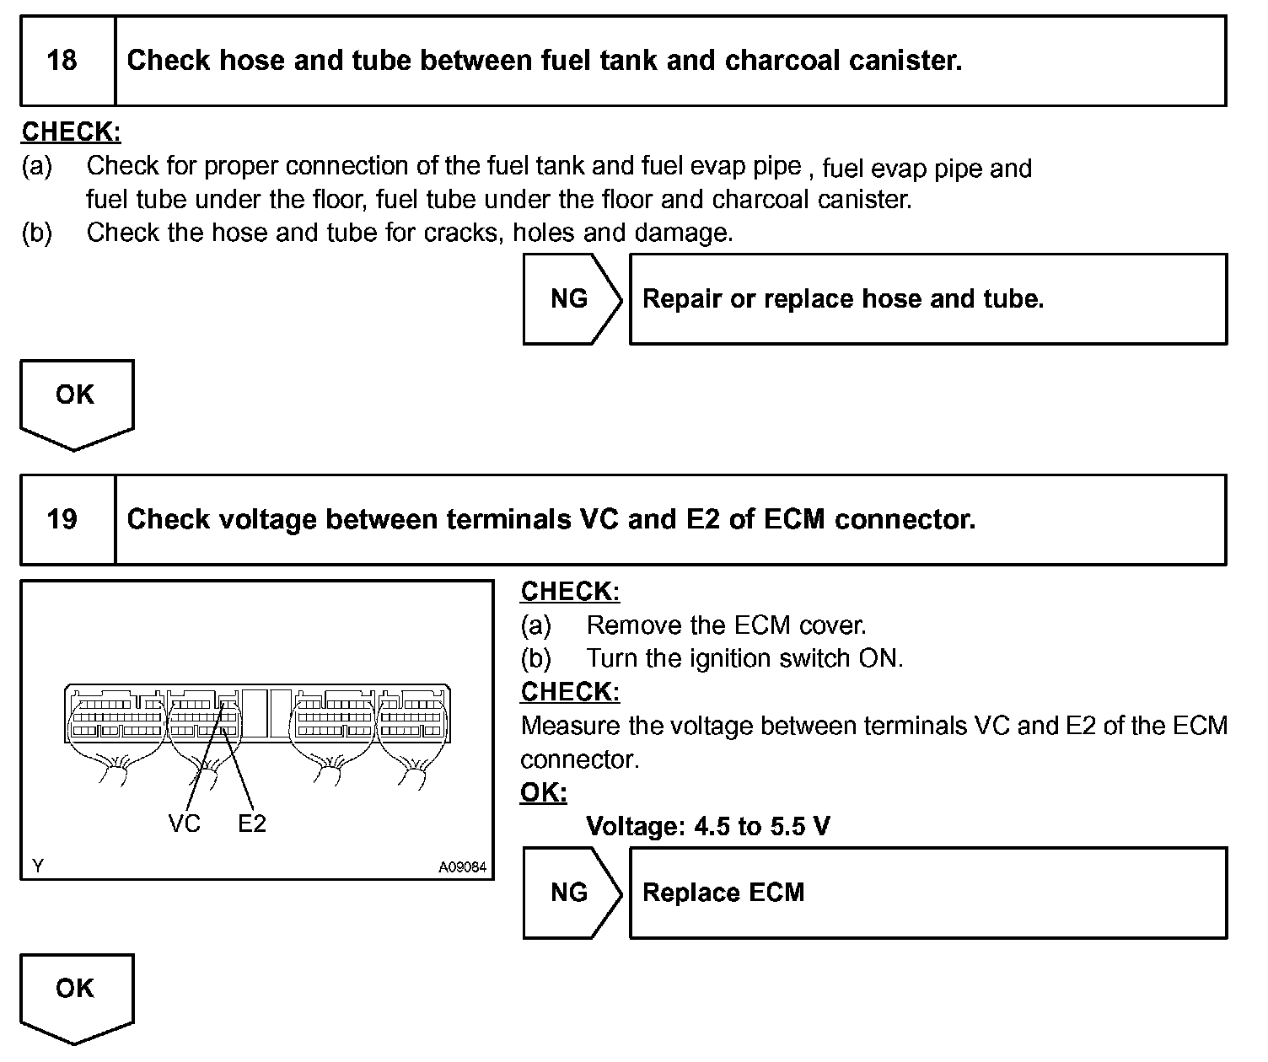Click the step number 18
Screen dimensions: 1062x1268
pyautogui.click(x=62, y=61)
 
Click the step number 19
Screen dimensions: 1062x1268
pyautogui.click(x=62, y=519)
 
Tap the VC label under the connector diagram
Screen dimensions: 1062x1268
pyautogui.click(x=185, y=823)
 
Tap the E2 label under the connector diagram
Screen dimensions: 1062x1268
pyautogui.click(x=252, y=823)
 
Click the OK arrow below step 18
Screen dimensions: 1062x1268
pyautogui.click(x=76, y=400)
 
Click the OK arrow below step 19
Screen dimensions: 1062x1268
pyautogui.click(x=76, y=995)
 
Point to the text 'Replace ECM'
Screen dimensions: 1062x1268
pyautogui.click(x=723, y=893)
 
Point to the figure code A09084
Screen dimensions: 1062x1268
pyautogui.click(x=462, y=866)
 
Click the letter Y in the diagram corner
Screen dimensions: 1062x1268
pyautogui.click(x=37, y=866)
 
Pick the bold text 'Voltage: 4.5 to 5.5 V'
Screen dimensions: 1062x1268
pyautogui.click(x=707, y=826)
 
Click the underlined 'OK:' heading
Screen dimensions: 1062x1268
pyautogui.click(x=544, y=792)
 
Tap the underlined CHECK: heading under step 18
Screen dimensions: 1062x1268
pyautogui.click(x=71, y=131)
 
